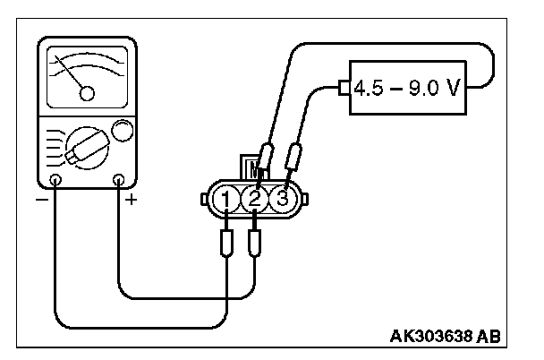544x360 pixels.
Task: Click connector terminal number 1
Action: tap(228, 198)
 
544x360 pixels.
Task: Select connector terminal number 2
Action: tap(255, 198)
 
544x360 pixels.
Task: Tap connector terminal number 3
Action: tap(282, 198)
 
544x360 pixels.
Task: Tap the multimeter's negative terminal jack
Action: tap(55, 181)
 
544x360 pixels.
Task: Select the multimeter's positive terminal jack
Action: tap(118, 181)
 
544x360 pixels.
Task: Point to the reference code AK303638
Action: tap(431, 338)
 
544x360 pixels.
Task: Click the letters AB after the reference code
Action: tap(489, 338)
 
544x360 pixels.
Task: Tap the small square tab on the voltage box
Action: tap(345, 89)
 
